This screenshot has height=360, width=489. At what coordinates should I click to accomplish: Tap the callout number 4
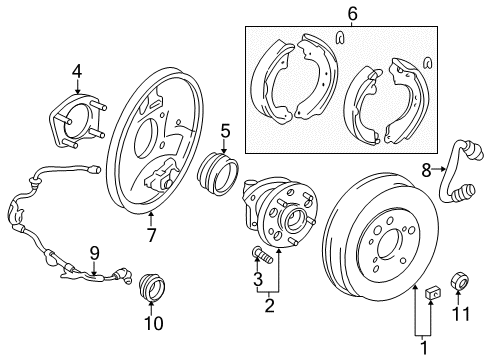(x=76, y=70)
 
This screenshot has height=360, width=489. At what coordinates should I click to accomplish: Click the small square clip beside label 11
(x=434, y=293)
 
